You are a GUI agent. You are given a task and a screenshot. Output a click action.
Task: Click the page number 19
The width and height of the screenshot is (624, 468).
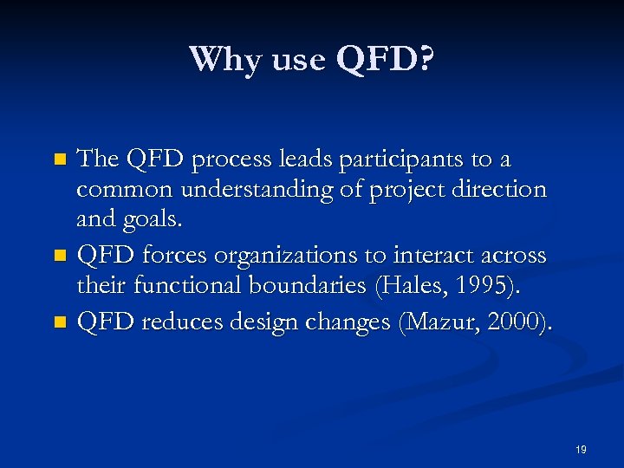(x=581, y=450)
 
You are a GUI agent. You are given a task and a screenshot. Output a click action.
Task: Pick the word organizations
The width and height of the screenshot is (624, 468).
(x=321, y=256)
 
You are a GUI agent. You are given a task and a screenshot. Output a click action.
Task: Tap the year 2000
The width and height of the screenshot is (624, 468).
(x=515, y=322)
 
